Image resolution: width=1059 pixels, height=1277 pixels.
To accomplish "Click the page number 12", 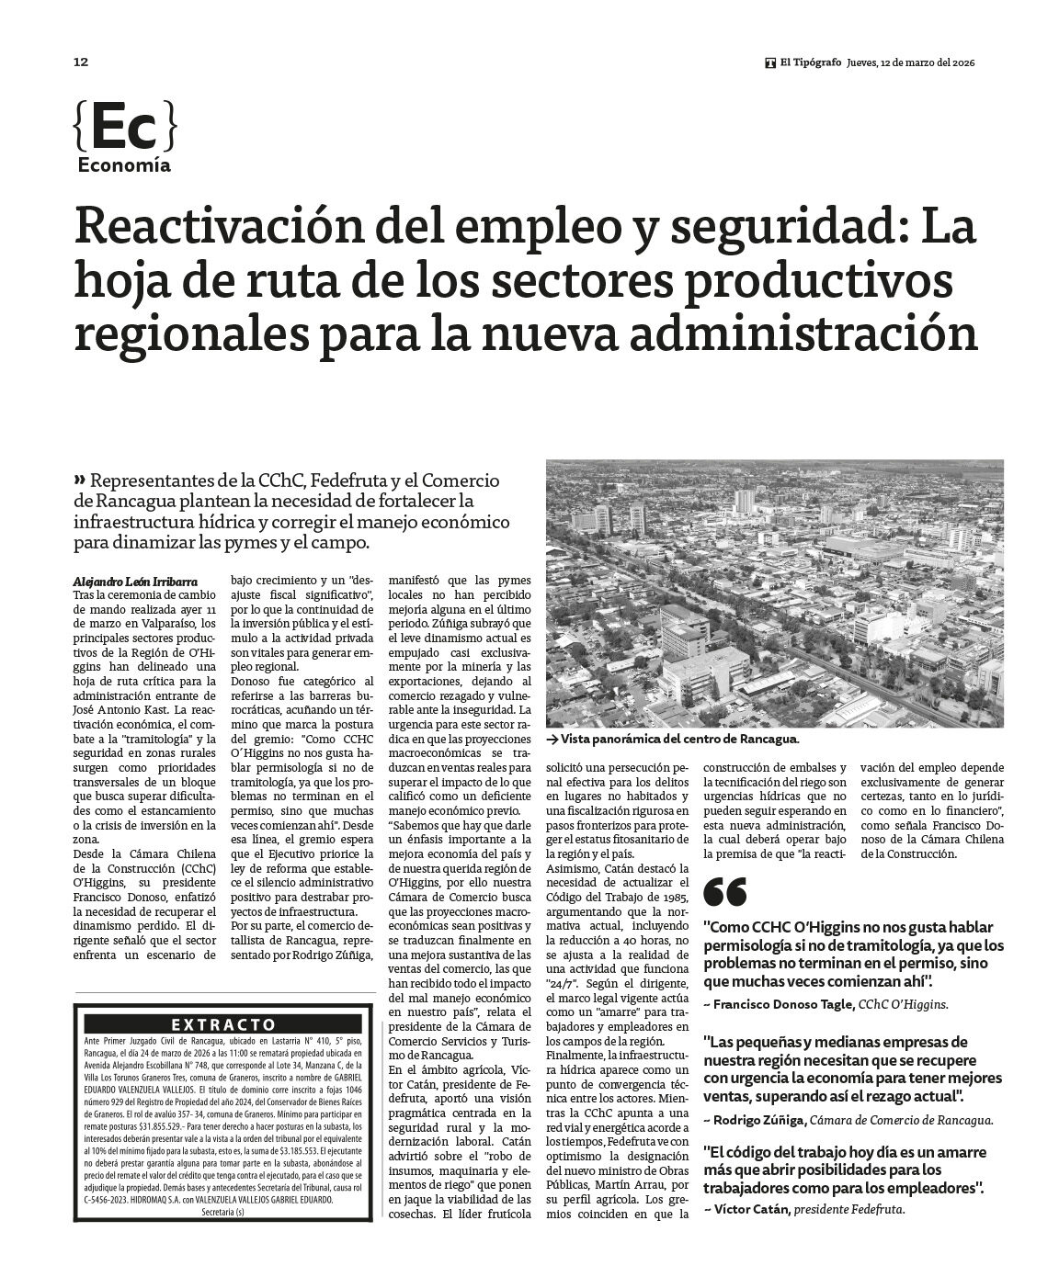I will click(x=80, y=62).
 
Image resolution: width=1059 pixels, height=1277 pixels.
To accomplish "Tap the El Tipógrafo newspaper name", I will click(x=810, y=62).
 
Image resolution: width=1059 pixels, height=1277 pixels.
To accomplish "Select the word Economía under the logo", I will click(x=124, y=165).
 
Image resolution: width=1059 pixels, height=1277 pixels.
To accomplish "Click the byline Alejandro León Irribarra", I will click(x=134, y=581).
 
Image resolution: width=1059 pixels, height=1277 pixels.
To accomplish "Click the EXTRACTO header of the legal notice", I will click(x=223, y=1024).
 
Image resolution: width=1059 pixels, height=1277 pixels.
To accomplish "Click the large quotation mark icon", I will click(x=724, y=892).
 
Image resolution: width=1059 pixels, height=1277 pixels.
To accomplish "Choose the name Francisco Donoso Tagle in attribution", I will click(x=783, y=1005).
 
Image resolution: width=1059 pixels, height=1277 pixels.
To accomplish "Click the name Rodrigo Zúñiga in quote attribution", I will click(x=760, y=1119).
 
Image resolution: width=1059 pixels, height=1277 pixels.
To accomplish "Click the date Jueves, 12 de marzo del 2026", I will click(x=910, y=62).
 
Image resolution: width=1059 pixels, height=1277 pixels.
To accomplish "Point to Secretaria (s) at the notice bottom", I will click(x=223, y=1213).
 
